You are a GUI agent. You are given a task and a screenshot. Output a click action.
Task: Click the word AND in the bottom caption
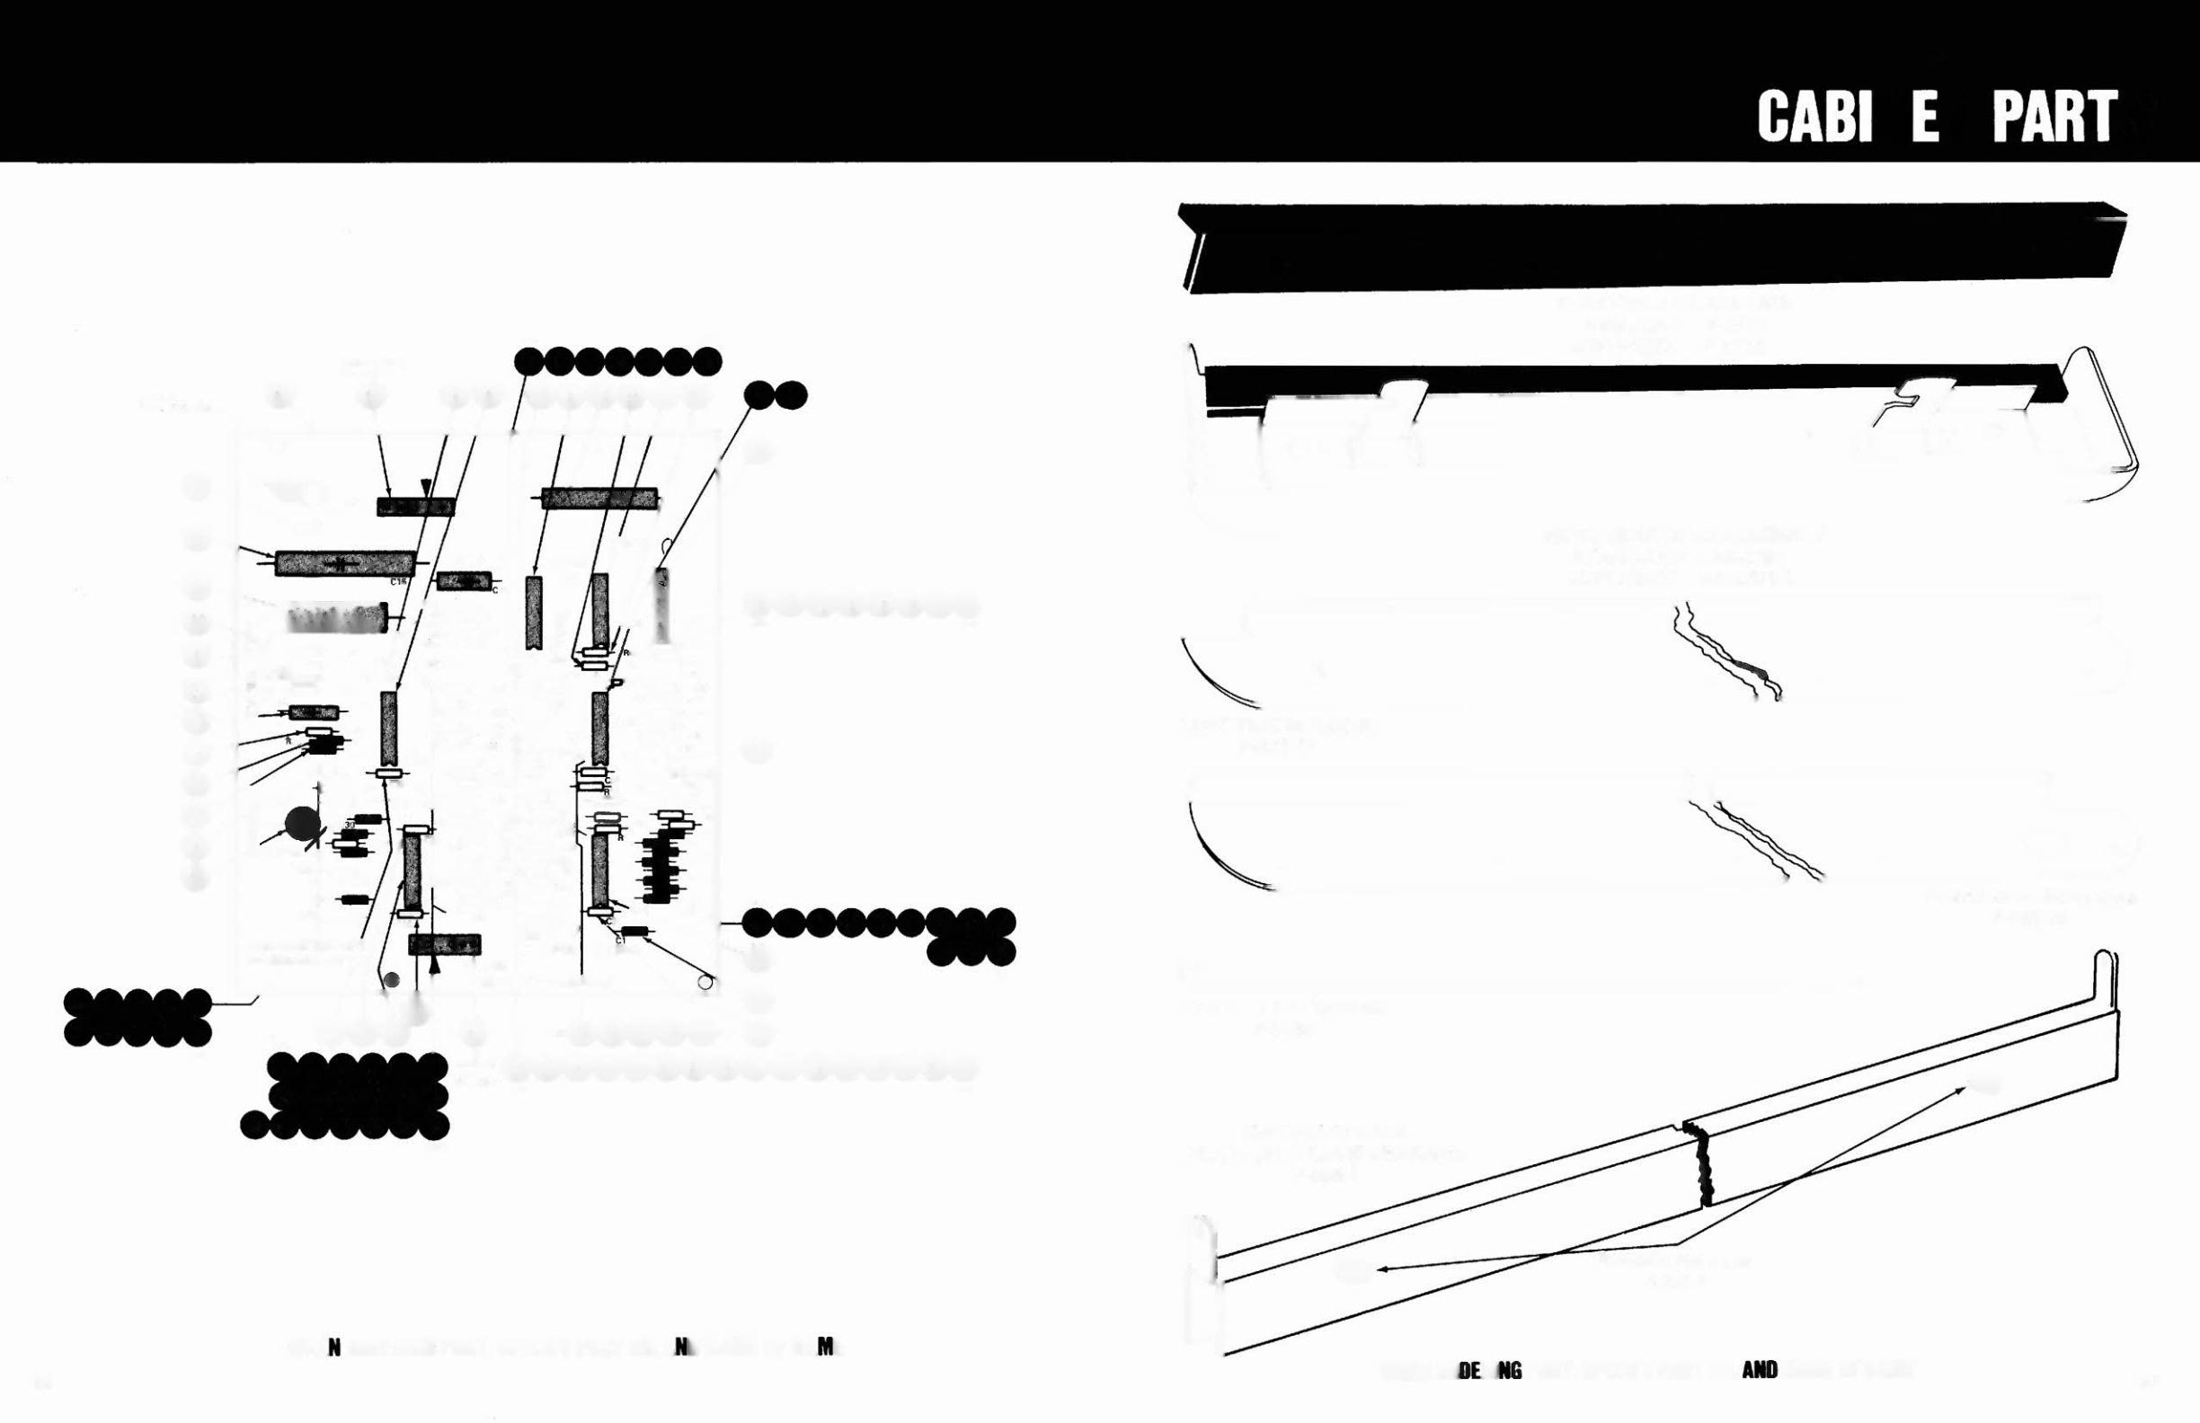(x=1759, y=1370)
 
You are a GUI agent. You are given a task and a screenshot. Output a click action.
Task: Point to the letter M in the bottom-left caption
(x=827, y=1348)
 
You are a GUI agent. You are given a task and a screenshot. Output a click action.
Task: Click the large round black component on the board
(x=302, y=824)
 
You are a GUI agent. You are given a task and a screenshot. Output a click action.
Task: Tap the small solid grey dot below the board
(x=392, y=980)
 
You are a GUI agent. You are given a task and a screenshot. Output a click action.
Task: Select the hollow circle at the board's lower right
(x=706, y=982)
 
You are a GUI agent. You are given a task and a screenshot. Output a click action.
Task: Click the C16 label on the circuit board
(x=398, y=582)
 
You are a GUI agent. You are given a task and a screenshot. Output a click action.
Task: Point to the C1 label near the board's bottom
(x=620, y=940)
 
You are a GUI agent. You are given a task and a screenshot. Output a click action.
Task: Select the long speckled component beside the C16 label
(x=345, y=562)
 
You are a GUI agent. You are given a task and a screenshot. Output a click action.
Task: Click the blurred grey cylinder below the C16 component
(x=336, y=617)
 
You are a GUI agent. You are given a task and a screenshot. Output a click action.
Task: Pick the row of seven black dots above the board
(x=617, y=361)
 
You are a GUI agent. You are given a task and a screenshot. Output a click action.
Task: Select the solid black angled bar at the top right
(x=1651, y=247)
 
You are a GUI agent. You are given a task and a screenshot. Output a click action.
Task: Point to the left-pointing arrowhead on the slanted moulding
(x=1383, y=1269)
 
